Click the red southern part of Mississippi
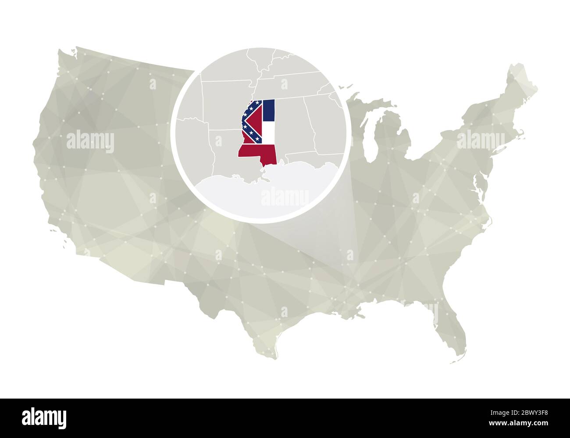click(256, 152)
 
